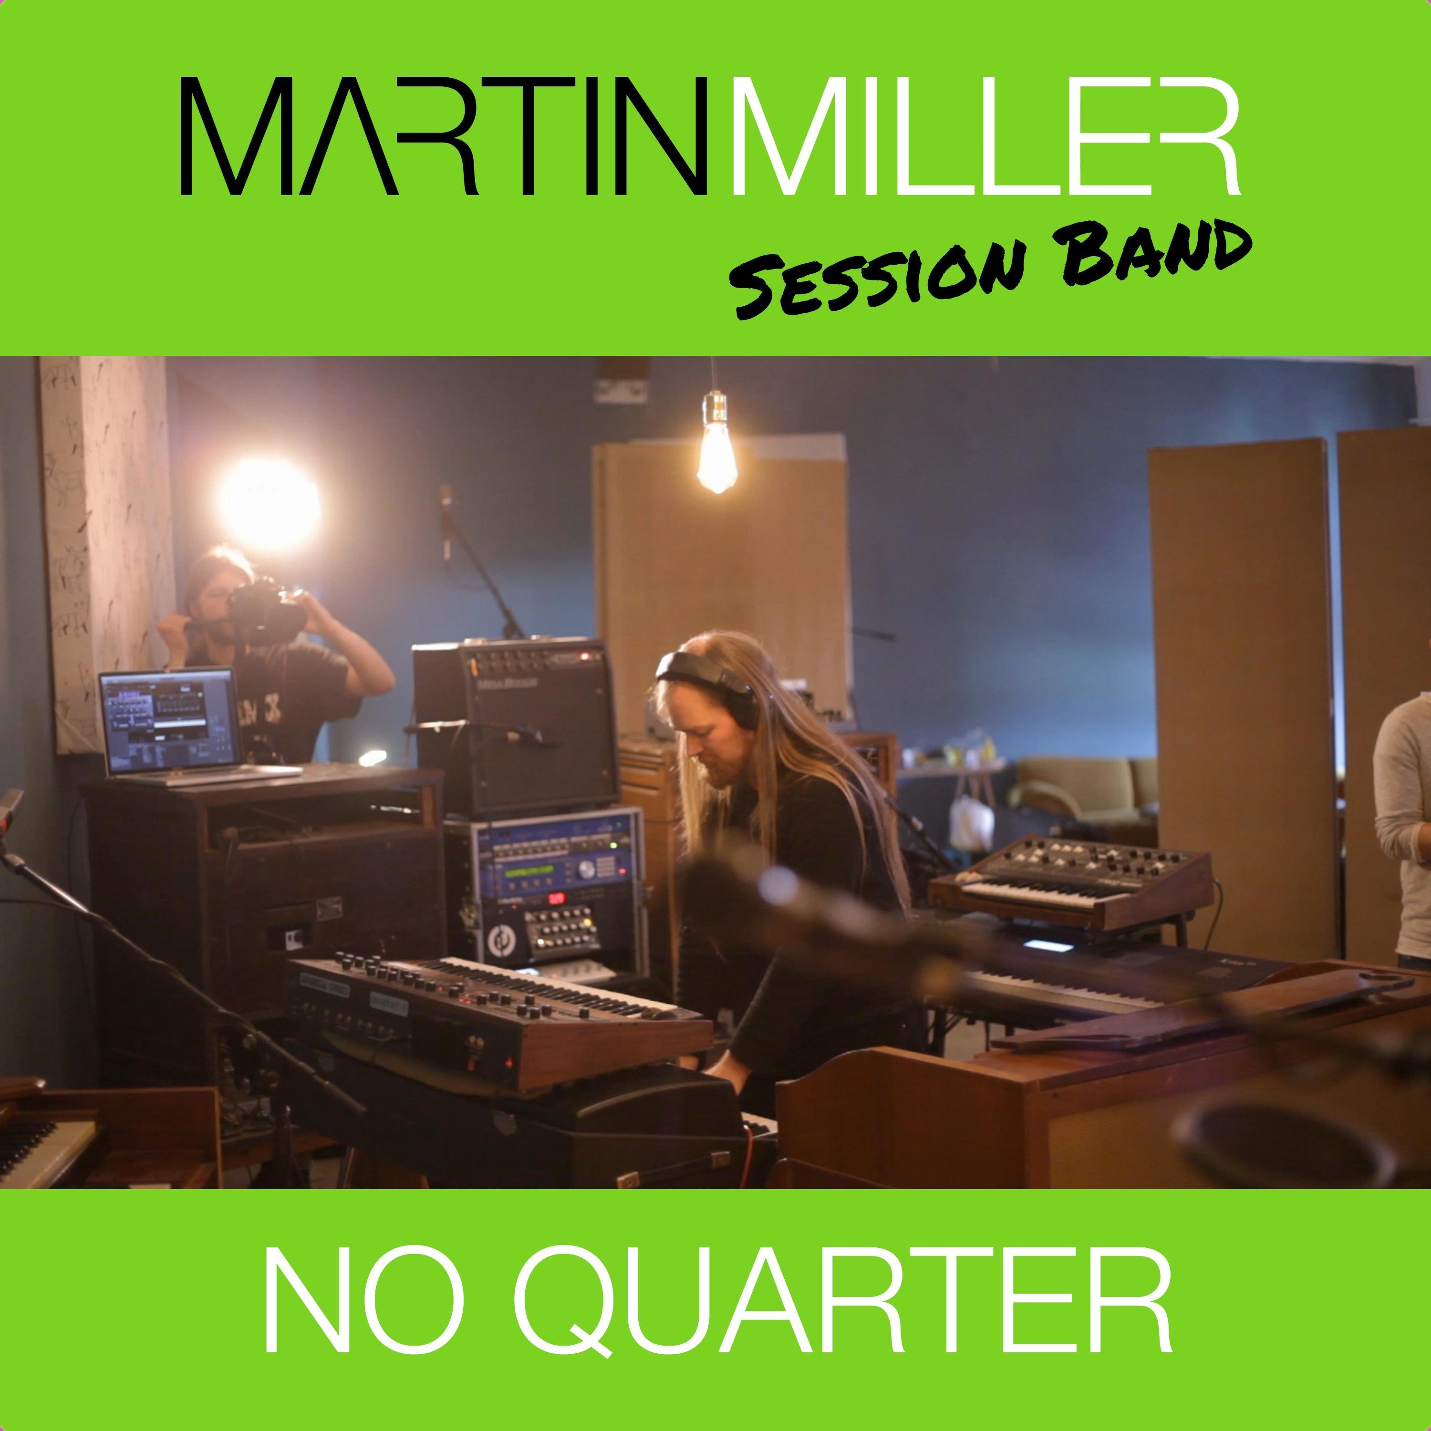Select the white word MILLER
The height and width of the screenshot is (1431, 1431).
pos(985,137)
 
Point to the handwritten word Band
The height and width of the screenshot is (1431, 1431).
pos(1155,252)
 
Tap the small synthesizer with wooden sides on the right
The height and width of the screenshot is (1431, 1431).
pos(1067,881)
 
